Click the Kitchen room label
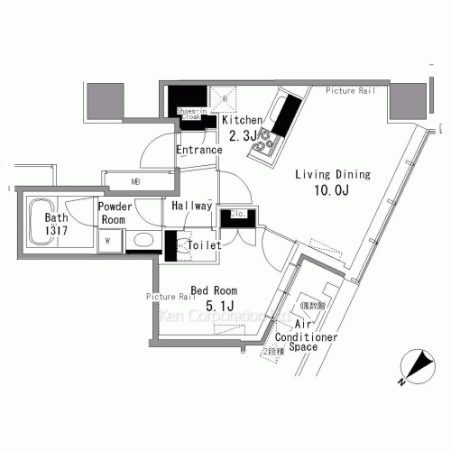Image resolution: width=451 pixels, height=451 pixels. (x=242, y=120)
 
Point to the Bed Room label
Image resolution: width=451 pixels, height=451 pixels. (x=214, y=290)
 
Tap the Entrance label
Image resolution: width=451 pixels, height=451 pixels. (x=198, y=150)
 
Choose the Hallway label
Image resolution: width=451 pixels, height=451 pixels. (x=191, y=206)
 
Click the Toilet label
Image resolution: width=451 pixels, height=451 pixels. (x=204, y=245)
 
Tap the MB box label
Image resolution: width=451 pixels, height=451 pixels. (x=136, y=181)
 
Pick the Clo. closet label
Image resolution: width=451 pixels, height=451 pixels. (x=238, y=214)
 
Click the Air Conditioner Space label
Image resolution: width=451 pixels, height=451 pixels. (x=314, y=336)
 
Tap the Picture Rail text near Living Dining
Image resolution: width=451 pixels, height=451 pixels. (x=350, y=90)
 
